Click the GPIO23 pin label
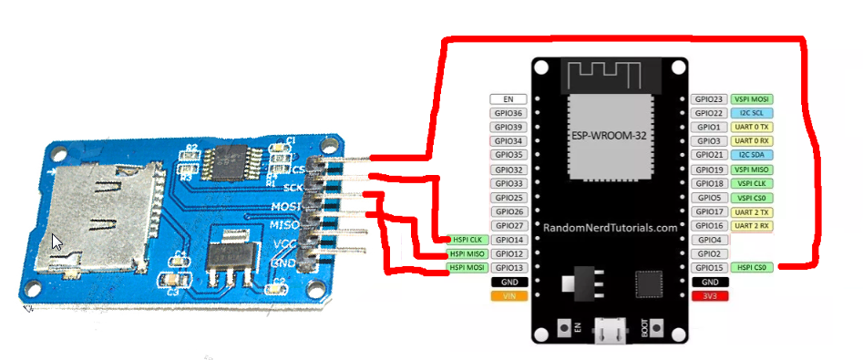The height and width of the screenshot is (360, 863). tap(709, 98)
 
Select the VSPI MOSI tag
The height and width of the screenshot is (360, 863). tap(753, 98)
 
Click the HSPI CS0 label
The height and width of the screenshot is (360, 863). tap(753, 268)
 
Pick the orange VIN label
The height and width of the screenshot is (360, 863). tap(509, 296)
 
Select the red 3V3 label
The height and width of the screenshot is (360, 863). tap(709, 296)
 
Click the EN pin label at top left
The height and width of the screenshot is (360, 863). tap(509, 98)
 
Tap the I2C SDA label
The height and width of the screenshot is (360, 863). tap(753, 155)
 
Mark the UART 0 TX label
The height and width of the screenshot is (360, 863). tap(753, 127)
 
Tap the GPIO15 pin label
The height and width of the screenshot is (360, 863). tap(709, 268)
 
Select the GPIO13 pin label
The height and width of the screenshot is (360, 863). tap(509, 268)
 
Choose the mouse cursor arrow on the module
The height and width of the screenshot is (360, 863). tap(57, 242)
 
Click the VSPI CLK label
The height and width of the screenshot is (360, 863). tap(753, 183)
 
